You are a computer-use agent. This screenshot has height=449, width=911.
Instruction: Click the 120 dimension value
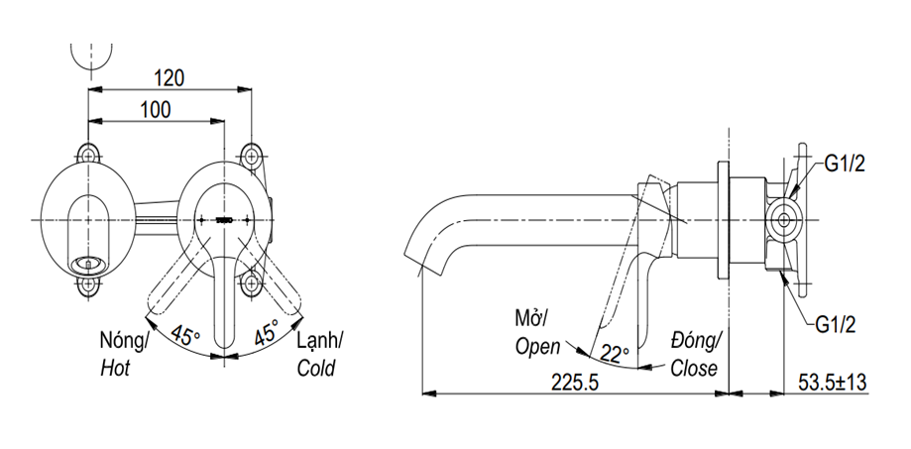171,76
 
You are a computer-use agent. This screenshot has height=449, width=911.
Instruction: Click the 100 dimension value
156,109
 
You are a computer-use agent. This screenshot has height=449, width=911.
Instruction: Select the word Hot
116,369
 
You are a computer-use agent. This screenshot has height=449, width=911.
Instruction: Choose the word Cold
316,369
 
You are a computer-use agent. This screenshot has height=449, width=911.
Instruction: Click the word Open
538,346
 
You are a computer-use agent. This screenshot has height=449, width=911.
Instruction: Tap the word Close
694,369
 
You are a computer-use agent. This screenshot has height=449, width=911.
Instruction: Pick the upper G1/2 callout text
845,165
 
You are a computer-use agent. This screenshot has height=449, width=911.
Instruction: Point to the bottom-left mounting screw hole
89,284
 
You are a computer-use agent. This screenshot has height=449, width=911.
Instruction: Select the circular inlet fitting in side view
785,218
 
